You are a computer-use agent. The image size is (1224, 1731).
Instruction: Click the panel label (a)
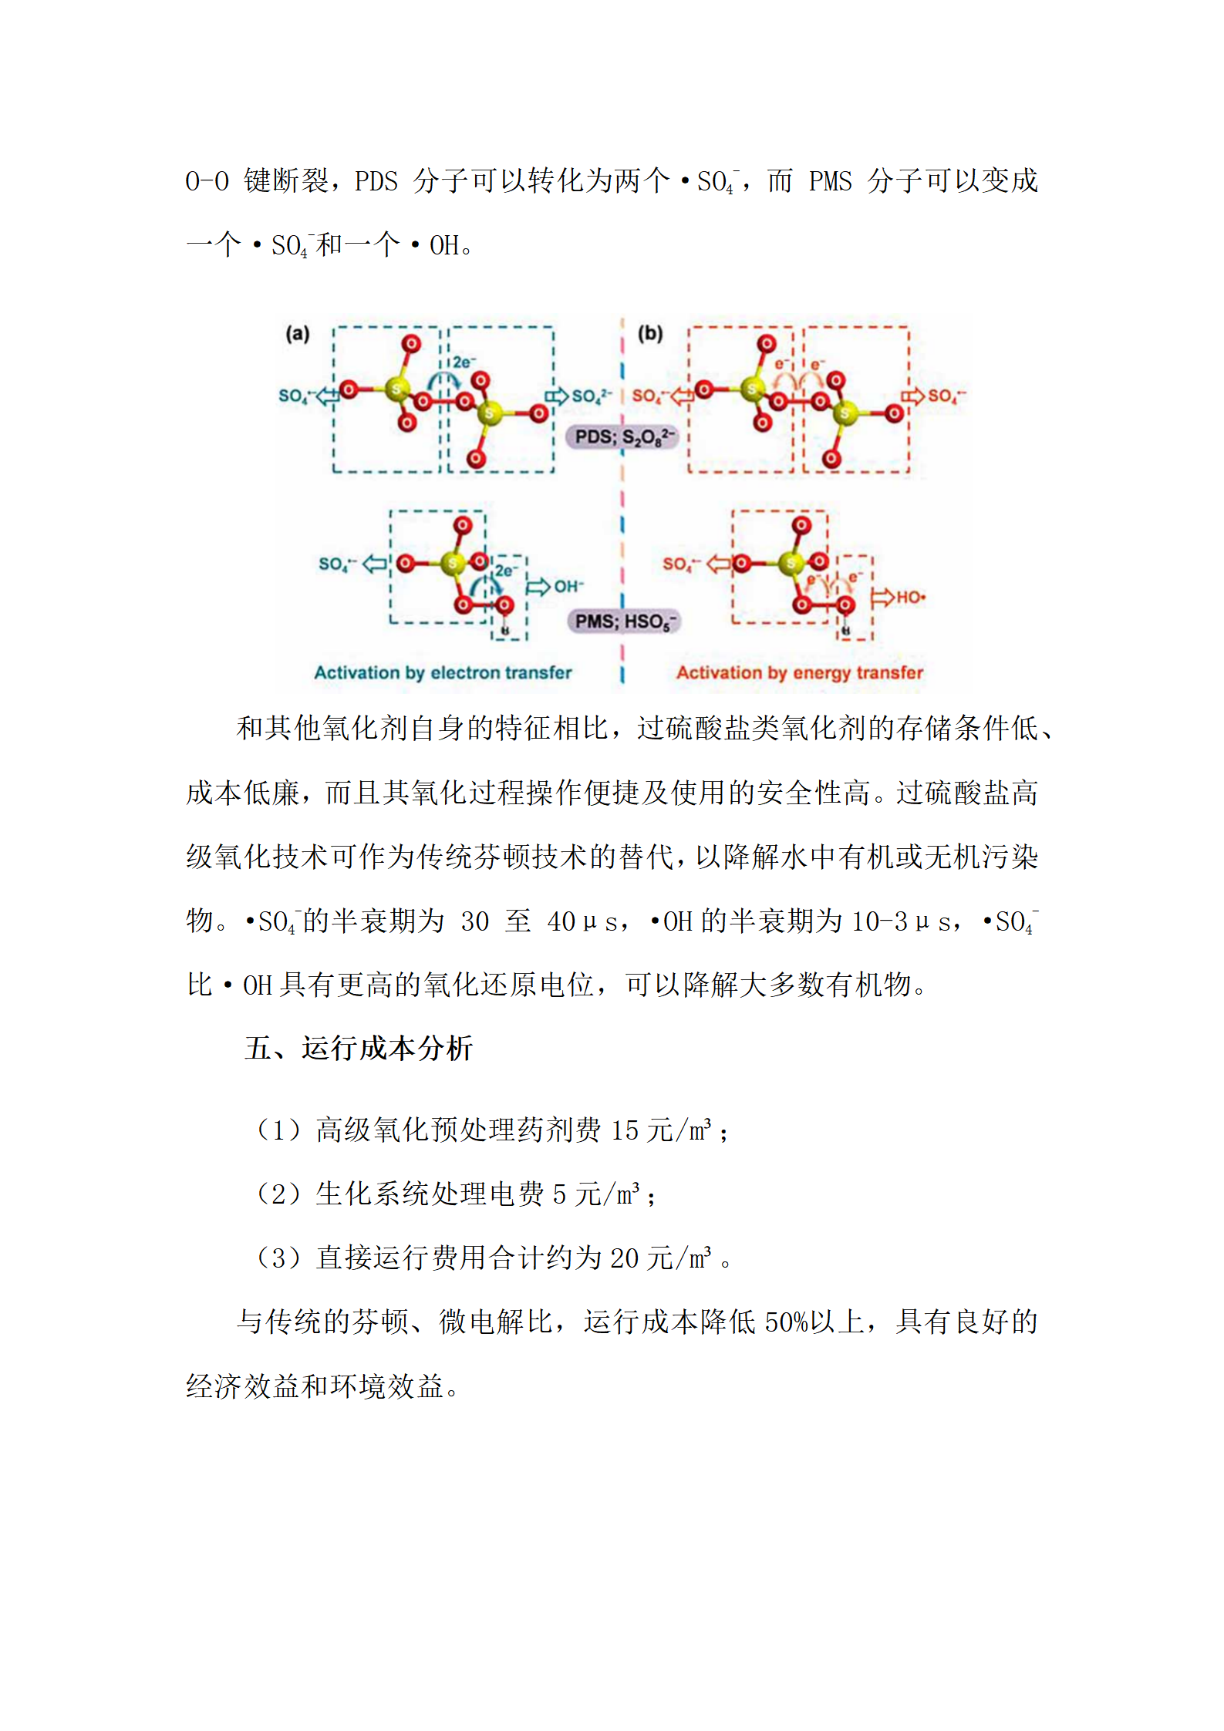[297, 334]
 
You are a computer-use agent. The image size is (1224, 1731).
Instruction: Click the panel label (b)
[649, 334]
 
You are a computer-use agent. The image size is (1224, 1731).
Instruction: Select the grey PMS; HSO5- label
[623, 621]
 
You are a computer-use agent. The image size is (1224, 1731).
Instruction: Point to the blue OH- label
[569, 587]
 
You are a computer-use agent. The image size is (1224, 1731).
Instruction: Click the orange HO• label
[910, 598]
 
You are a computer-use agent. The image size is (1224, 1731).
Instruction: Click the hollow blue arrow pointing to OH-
[538, 587]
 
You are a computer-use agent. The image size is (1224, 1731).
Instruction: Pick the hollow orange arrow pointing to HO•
[882, 598]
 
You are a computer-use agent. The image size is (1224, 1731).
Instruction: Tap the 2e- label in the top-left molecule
[464, 362]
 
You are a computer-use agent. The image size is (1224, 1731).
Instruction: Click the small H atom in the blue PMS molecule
[505, 630]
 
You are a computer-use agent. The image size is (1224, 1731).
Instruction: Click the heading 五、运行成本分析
[358, 1049]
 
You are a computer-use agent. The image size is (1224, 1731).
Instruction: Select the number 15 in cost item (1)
[625, 1131]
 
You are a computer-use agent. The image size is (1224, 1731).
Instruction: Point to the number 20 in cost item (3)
[625, 1258]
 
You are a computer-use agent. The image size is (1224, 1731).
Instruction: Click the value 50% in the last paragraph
[785, 1322]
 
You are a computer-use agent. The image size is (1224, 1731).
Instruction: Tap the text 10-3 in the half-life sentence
[879, 921]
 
